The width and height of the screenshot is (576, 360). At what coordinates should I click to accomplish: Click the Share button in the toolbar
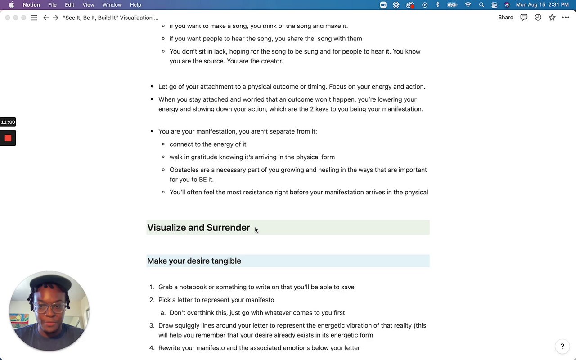pyautogui.click(x=505, y=18)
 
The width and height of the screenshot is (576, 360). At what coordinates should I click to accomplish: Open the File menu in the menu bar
pyautogui.click(x=52, y=5)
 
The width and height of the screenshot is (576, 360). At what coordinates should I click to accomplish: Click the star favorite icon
pyautogui.click(x=552, y=18)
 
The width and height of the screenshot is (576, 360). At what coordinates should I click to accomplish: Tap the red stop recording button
pyautogui.click(x=8, y=138)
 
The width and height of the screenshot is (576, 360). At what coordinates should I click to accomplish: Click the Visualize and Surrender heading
pyautogui.click(x=198, y=228)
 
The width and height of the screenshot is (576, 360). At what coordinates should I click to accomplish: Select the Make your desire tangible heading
pyautogui.click(x=194, y=261)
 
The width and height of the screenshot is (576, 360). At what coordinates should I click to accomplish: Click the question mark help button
pyautogui.click(x=562, y=346)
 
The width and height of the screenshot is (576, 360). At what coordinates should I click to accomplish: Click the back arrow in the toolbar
pyautogui.click(x=46, y=18)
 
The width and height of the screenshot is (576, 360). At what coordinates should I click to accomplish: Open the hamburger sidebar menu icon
pyautogui.click(x=34, y=18)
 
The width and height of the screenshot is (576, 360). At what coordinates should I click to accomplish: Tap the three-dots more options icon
pyautogui.click(x=566, y=18)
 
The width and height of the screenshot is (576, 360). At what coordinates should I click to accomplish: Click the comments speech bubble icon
pyautogui.click(x=524, y=18)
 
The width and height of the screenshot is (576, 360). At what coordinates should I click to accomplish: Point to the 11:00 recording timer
pyautogui.click(x=8, y=122)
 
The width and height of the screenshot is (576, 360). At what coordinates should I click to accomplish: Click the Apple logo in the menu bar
pyautogui.click(x=12, y=5)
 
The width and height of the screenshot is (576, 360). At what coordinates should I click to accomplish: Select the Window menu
pyautogui.click(x=112, y=5)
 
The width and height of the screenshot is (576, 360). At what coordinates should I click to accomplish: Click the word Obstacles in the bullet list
pyautogui.click(x=184, y=170)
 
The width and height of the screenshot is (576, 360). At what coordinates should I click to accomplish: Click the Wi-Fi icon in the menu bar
pyautogui.click(x=468, y=5)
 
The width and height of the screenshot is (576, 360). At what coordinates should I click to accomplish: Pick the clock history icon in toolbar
pyautogui.click(x=538, y=18)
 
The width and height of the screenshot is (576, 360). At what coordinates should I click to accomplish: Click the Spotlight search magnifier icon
pyautogui.click(x=481, y=5)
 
